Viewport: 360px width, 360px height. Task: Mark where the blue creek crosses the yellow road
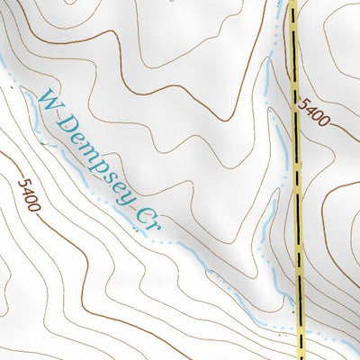click(301, 328)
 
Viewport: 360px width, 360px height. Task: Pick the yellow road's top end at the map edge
click(292, 3)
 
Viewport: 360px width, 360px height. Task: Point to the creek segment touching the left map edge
click(4, 65)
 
